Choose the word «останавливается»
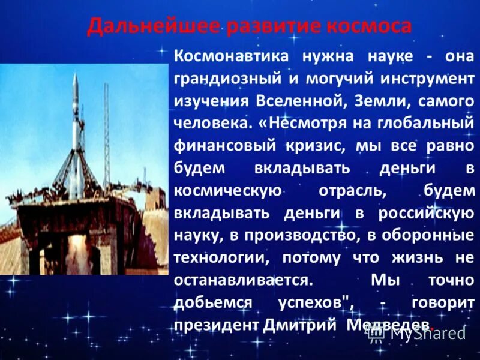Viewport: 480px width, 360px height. tap(242, 280)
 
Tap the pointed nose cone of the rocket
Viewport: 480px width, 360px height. tap(75, 76)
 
